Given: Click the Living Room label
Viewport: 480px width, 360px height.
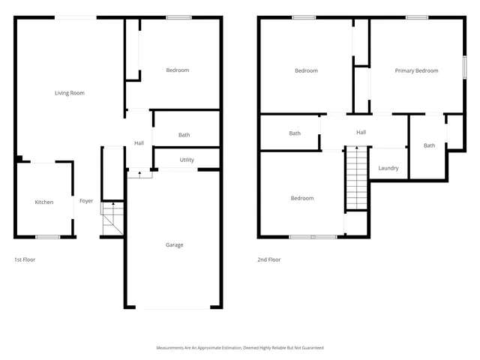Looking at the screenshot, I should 69,93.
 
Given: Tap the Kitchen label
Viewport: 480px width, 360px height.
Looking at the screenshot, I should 44,202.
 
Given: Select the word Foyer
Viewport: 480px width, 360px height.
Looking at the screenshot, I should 86,201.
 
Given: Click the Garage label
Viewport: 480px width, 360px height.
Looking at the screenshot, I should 174,244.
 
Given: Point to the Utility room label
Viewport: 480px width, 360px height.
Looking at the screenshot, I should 187,160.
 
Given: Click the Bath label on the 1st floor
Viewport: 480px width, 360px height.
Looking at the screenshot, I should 184,135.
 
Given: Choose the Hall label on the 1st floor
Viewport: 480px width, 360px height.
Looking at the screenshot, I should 139,143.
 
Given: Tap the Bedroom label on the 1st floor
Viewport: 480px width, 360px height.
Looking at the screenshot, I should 177,70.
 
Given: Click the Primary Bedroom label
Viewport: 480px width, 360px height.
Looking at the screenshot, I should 416,70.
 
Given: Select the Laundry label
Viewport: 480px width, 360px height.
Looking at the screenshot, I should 388,168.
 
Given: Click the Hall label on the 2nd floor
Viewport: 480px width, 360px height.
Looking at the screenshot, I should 361,133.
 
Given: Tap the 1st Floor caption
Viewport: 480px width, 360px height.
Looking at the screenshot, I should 25,259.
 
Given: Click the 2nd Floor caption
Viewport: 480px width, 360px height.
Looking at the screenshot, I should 268,259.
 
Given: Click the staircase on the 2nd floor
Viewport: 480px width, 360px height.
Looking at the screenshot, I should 356,178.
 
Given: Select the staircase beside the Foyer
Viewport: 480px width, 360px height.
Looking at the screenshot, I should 111,218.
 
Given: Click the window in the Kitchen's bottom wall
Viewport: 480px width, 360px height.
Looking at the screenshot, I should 47,237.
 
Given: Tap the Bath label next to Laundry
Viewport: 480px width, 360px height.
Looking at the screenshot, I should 429,145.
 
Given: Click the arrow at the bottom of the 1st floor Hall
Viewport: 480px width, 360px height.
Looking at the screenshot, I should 139,173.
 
